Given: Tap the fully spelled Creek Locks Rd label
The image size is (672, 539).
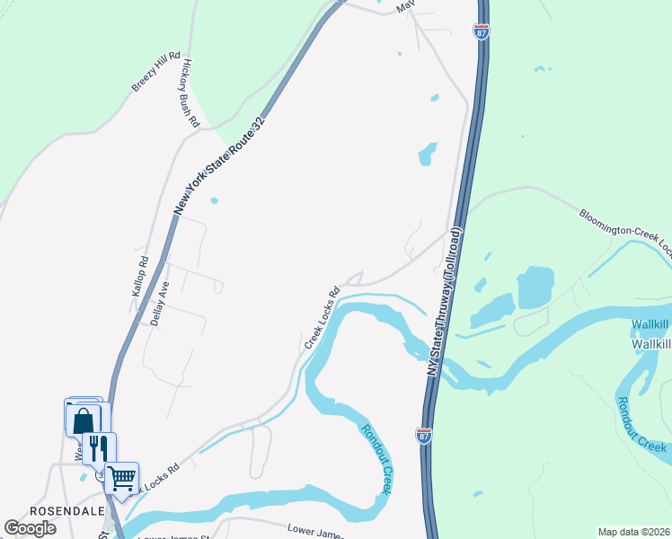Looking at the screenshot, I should coord(322,317).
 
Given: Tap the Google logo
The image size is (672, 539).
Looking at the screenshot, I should coord(30,528).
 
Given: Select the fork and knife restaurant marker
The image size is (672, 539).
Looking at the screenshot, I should coord(100,447).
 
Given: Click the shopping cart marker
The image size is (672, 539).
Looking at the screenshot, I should coord(121,478).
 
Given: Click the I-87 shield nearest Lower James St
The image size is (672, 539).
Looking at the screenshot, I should coord(424,436).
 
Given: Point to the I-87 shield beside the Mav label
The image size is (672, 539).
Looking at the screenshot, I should coord(482,31).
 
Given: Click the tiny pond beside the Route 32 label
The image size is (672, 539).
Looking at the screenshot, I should coord(214,200).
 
